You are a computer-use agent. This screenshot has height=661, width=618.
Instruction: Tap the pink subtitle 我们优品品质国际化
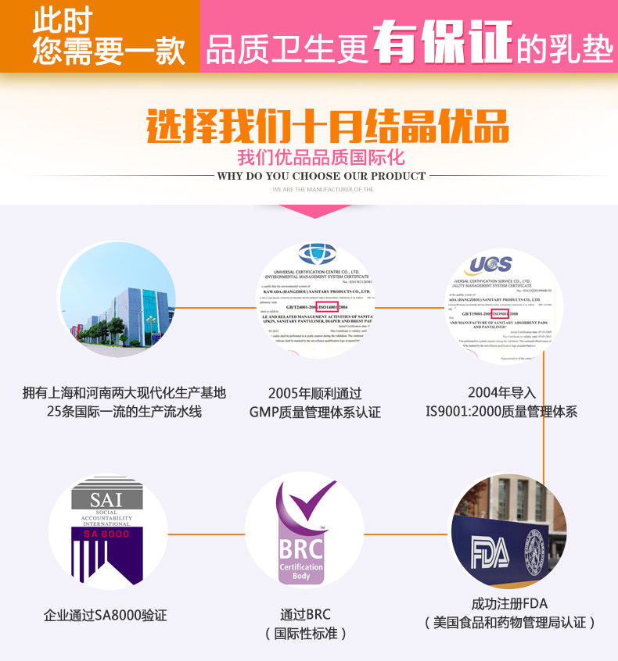point(321,157)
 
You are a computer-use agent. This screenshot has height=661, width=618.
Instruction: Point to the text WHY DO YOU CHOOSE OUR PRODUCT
point(322,177)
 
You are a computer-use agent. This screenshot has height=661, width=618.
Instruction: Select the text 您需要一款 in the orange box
point(109,52)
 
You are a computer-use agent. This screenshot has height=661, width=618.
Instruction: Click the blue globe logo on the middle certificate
point(317,254)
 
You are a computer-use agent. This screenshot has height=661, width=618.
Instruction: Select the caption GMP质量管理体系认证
point(315,412)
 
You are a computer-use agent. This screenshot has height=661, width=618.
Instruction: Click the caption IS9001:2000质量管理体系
point(501,411)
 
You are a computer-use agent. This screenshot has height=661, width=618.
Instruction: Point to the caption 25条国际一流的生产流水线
point(124,411)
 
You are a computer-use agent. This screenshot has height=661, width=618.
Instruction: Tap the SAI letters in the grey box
point(107,498)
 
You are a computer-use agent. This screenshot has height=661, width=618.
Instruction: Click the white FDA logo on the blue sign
point(490,552)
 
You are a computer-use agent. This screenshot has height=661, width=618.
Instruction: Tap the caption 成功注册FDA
point(509,604)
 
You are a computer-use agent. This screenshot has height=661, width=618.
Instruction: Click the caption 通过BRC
point(306,614)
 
